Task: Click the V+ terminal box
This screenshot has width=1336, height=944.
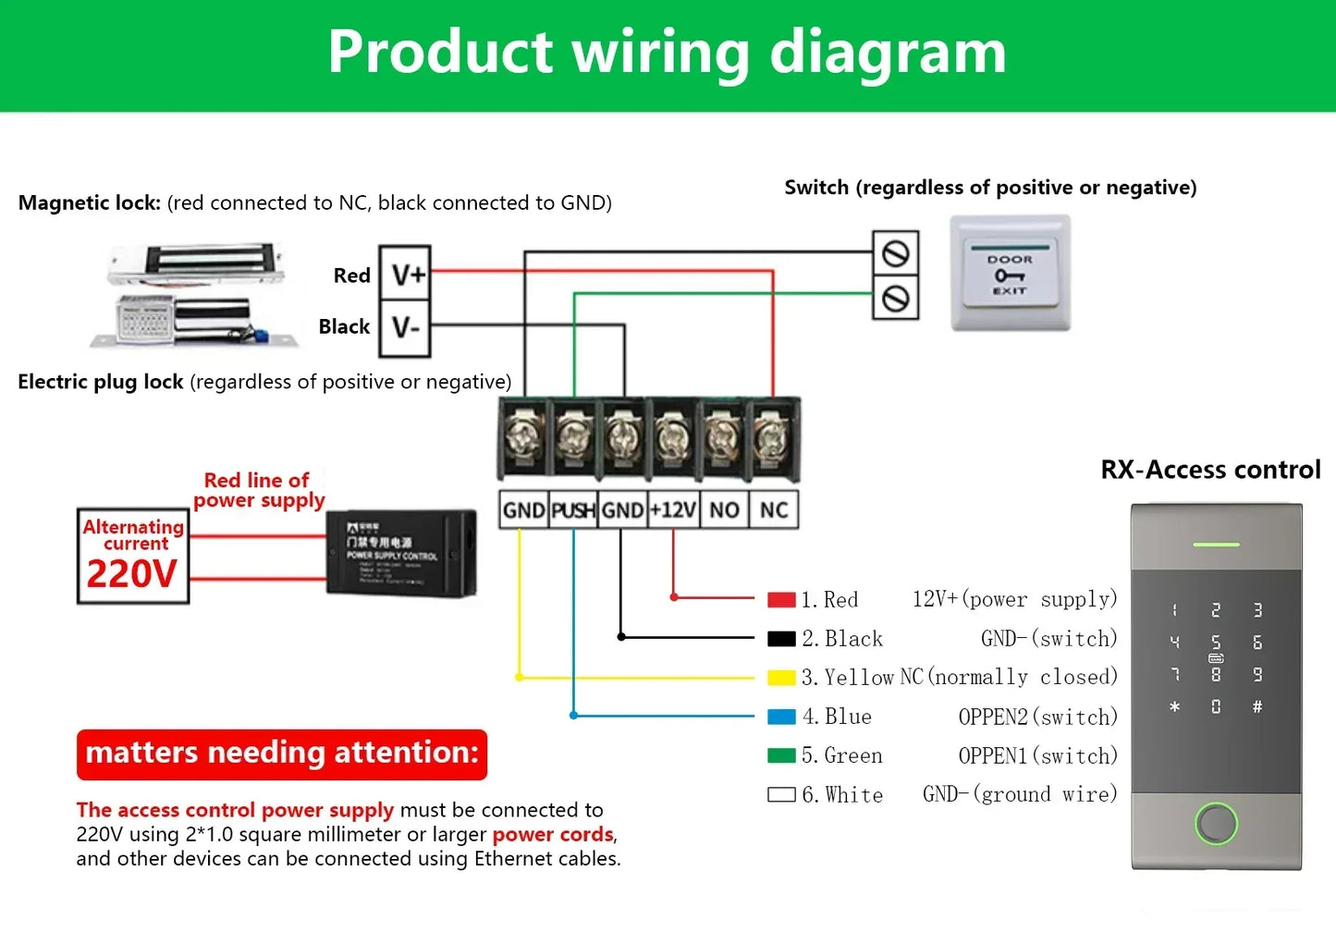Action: (x=406, y=274)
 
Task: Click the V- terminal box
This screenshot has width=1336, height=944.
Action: (x=406, y=327)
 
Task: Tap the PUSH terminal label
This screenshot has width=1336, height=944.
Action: (x=573, y=510)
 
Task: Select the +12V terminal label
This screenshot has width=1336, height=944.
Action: (x=672, y=510)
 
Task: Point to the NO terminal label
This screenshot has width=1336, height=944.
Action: (x=724, y=510)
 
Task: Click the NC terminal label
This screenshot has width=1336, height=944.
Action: (x=774, y=510)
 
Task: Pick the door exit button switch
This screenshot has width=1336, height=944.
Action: (x=1011, y=274)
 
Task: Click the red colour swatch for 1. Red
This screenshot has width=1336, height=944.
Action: (x=781, y=600)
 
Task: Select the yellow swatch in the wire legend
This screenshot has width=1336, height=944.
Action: (x=781, y=678)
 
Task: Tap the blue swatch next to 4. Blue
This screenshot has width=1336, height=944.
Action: (x=781, y=717)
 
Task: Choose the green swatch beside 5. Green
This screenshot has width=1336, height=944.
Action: (x=781, y=755)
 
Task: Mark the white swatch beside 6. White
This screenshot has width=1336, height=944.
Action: (x=781, y=794)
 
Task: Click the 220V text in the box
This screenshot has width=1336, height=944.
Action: (x=132, y=574)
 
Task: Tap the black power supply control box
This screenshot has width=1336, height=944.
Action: (x=401, y=552)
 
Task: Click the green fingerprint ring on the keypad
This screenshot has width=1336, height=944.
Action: (x=1216, y=823)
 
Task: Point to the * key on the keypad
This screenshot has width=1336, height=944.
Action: (x=1174, y=707)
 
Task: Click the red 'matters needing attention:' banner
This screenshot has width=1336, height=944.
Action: (x=282, y=754)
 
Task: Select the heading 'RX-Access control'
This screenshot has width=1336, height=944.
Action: (x=1210, y=470)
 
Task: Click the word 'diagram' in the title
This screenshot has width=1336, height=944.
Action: (x=888, y=52)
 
